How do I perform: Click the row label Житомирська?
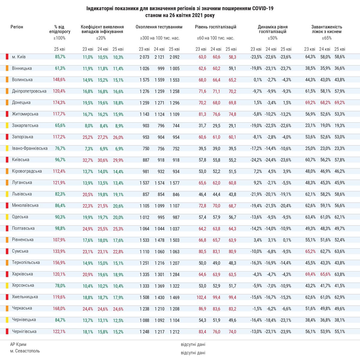25,114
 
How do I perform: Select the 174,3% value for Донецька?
59,102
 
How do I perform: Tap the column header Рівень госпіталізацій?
216,27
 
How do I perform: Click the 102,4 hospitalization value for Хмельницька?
201,297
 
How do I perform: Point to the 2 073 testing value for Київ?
144,57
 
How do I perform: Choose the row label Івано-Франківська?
30,148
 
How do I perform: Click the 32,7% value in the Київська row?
88,160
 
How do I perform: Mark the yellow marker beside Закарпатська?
7,126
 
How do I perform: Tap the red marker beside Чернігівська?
7,331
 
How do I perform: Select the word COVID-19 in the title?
263,9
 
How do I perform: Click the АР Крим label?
18,344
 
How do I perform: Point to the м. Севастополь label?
25,351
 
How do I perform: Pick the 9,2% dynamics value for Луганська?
258,183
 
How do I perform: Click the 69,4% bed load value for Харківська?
310,274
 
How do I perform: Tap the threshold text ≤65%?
327,38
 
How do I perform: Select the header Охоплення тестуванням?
159,27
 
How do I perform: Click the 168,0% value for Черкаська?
59,308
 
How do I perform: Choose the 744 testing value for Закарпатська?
176,126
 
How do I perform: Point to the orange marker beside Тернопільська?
7,263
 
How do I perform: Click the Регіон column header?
17,27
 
